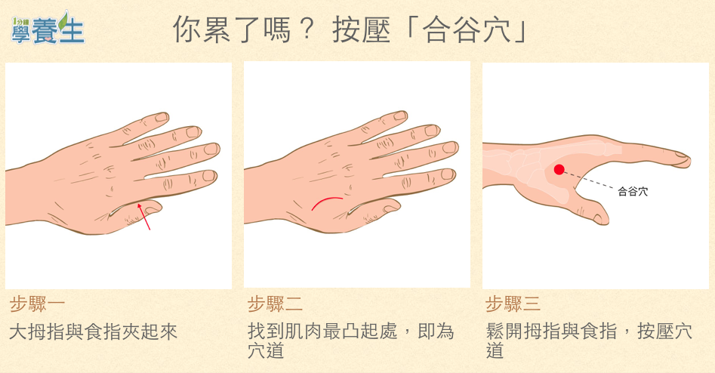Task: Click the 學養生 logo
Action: click(x=48, y=28)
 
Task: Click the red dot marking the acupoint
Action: click(x=559, y=170)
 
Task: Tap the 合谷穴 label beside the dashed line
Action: click(x=633, y=192)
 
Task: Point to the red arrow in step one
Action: click(x=144, y=217)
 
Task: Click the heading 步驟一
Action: click(x=37, y=304)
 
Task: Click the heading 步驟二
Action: click(x=275, y=304)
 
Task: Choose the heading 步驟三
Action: click(x=513, y=304)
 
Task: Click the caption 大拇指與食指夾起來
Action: click(x=93, y=331)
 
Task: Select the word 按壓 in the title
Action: click(x=361, y=30)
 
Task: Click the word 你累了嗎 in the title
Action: click(x=232, y=30)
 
